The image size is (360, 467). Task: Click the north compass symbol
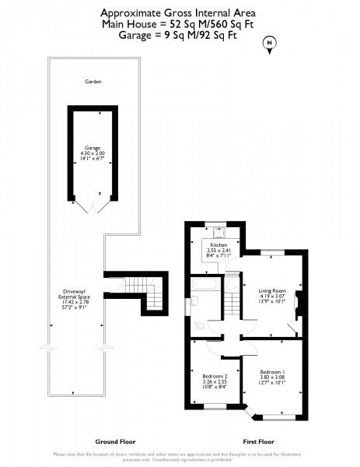pyautogui.click(x=270, y=44)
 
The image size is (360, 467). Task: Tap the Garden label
pyautogui.click(x=94, y=81)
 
